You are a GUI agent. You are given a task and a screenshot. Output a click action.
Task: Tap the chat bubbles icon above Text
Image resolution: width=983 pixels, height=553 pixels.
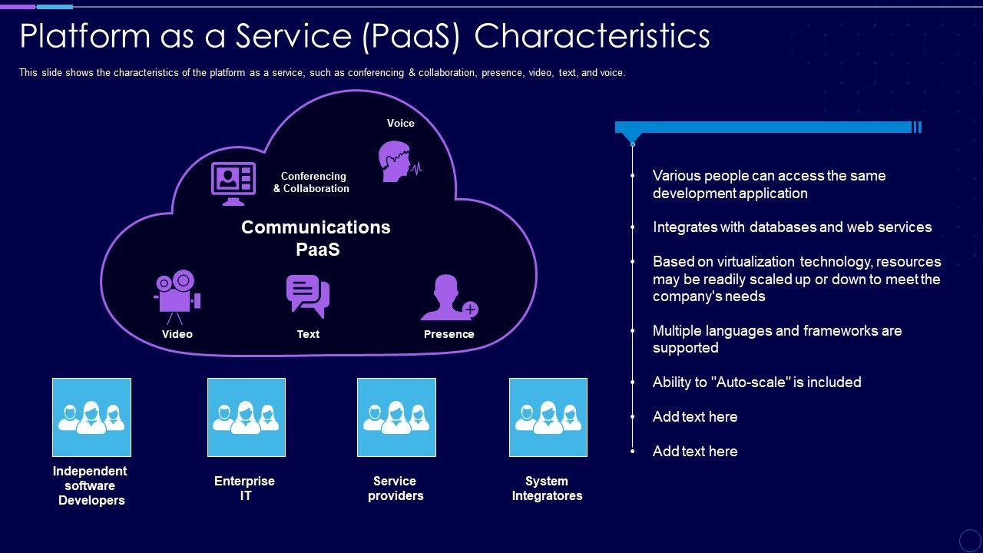308,296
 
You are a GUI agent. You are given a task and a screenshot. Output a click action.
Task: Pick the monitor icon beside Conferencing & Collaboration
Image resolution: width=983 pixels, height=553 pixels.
233,184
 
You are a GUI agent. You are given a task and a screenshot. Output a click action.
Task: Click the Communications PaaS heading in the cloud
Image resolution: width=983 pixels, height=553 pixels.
316,238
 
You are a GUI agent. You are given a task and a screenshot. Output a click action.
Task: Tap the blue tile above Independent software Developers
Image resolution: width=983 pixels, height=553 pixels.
91,417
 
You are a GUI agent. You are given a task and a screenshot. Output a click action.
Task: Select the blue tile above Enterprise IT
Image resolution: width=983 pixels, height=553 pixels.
247,417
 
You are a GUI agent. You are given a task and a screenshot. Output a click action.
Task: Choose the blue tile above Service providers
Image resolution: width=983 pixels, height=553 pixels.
396,417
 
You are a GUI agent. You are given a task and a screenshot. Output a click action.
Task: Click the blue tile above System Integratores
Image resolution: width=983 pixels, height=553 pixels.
548,417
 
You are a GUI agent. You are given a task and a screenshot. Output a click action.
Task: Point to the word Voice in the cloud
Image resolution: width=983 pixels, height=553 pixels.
401,124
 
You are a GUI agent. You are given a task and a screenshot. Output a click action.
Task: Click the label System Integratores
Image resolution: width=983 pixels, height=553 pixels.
548,488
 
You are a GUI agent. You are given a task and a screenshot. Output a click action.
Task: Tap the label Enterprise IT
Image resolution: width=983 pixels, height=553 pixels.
244,488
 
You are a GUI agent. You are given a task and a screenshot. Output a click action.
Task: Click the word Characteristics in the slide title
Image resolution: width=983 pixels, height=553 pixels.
592,36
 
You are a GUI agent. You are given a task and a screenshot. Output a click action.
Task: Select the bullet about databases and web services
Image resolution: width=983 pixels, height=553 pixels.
792,227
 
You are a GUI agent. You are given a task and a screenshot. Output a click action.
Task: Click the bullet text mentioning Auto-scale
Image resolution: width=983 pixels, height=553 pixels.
756,382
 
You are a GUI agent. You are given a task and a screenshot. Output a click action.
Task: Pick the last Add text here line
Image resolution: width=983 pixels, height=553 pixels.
695,451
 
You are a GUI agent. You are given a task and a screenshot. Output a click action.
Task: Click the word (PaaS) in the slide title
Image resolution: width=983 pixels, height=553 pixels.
411,37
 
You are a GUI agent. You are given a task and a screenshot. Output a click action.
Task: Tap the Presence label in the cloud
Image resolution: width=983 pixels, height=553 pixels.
449,334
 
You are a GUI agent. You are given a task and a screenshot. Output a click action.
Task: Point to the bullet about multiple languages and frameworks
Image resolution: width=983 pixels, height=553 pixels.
777,339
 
